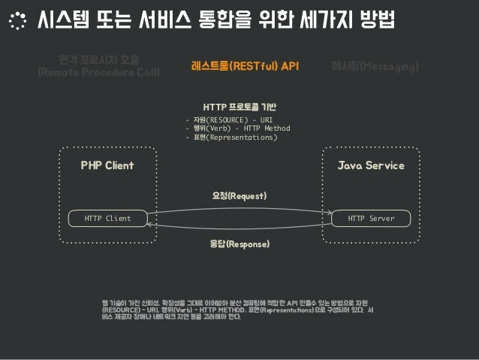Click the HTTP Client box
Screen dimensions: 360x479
point(107,218)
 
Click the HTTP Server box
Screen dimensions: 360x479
point(371,218)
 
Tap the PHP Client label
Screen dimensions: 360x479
point(107,165)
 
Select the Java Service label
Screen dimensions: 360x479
point(371,165)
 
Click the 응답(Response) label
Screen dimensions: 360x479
point(239,244)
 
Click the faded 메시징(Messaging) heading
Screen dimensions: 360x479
point(375,67)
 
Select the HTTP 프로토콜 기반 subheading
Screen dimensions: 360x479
point(239,106)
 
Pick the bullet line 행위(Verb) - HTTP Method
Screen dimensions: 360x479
point(239,129)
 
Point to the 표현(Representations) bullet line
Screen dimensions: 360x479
point(233,138)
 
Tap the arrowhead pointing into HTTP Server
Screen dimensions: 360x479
point(330,213)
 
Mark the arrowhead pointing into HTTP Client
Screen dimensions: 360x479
point(149,224)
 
